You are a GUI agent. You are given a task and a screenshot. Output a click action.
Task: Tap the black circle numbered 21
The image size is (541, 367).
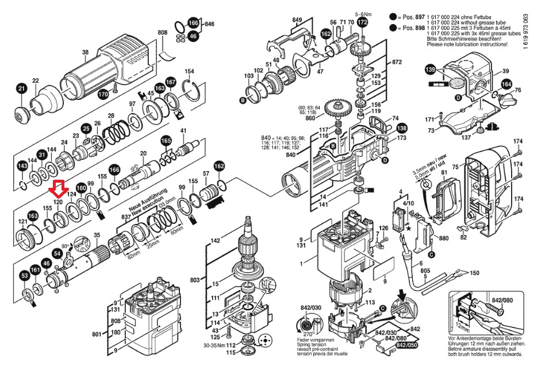tap(21, 88)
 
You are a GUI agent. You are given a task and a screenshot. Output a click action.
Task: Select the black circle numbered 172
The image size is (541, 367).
tap(362, 22)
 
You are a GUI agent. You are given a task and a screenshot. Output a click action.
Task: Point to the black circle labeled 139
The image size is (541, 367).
tap(429, 69)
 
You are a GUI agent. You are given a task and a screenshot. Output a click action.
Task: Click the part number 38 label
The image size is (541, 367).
tap(85, 53)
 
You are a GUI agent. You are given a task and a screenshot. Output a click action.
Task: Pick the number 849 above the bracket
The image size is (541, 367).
tap(297, 21)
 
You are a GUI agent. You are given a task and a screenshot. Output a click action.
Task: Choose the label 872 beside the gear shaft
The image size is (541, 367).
tap(397, 61)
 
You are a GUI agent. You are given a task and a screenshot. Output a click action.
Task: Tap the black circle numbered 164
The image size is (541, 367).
tap(505, 84)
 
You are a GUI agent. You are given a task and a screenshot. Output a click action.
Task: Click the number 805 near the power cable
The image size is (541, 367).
tap(425, 271)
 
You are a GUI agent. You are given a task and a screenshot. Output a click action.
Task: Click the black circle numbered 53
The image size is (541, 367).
tap(25, 277)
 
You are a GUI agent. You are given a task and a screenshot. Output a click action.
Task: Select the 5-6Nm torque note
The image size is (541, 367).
tap(364, 13)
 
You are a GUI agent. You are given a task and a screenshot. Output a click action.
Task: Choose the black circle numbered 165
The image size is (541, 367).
tap(166, 141)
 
